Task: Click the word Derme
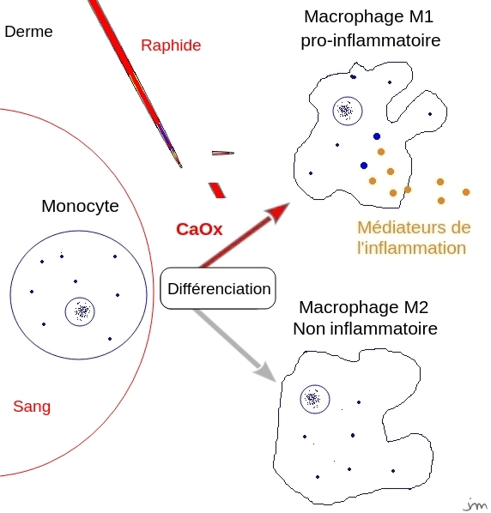[x=28, y=32]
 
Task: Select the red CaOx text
[x=199, y=230]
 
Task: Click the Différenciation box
[x=218, y=289]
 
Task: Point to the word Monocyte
[x=80, y=207]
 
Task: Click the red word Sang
[x=32, y=407]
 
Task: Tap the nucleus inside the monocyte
[x=81, y=311]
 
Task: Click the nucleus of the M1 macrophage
[x=346, y=110]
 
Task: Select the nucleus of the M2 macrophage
[x=313, y=398]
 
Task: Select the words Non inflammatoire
[x=365, y=329]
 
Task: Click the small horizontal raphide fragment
[x=222, y=154]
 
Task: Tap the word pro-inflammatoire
[x=370, y=40]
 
